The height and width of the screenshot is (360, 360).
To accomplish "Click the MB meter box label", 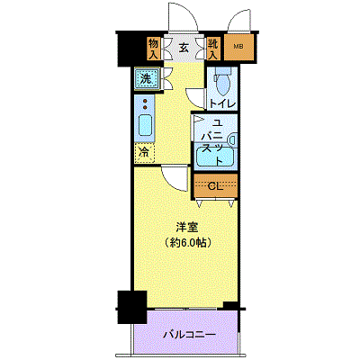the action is [238, 47].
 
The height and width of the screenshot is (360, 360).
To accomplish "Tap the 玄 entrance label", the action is [184, 48].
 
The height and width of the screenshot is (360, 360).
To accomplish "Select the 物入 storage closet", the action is [153, 49].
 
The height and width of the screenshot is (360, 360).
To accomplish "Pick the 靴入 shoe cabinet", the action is [213, 49].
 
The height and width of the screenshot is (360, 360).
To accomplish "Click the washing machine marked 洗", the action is [147, 78].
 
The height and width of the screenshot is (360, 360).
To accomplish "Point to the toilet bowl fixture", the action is [222, 82].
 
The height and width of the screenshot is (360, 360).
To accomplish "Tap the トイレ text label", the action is [222, 104].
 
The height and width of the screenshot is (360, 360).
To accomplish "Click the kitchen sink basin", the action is [146, 125].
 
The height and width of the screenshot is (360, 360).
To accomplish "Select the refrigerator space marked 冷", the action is [144, 153].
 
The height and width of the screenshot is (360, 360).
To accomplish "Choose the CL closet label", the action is [216, 186].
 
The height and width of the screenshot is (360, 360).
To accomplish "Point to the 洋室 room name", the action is [186, 228].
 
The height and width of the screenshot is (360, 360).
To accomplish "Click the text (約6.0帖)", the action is [186, 242].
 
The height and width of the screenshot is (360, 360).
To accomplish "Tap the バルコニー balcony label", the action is [189, 334].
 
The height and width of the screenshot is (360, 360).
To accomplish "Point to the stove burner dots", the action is [146, 103].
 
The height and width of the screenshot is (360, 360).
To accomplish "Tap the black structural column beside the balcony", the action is [132, 307].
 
